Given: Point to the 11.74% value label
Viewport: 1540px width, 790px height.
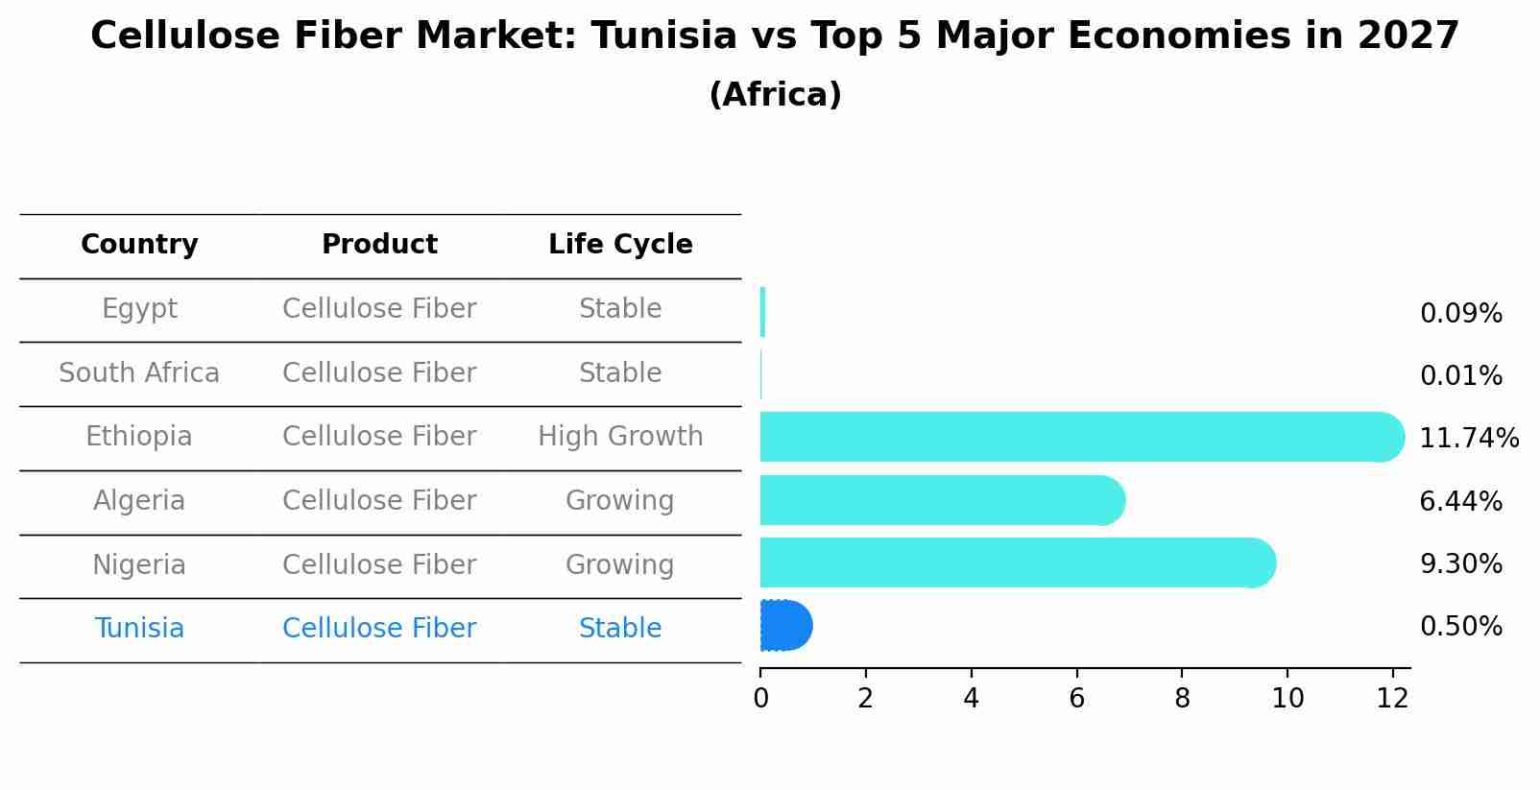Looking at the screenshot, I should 1468,439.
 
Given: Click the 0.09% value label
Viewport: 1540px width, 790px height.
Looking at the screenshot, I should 1460,314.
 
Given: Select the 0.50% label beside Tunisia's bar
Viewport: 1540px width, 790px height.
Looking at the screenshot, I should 1460,627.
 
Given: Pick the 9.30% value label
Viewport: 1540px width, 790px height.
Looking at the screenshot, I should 1460,564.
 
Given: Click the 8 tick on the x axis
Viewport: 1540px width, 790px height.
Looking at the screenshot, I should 1182,699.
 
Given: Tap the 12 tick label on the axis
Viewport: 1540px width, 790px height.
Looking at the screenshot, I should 1392,699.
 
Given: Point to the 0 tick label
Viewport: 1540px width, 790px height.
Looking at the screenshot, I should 760,699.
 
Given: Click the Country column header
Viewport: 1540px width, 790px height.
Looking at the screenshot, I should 139,245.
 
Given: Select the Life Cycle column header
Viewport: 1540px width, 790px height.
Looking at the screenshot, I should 620,245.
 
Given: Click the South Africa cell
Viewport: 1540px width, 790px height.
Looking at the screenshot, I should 139,373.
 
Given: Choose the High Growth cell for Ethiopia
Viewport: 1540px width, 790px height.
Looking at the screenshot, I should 620,437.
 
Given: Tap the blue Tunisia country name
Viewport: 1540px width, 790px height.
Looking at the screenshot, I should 139,629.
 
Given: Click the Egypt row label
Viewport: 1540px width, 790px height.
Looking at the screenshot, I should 139,309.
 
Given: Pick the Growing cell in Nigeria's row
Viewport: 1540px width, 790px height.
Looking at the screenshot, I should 620,564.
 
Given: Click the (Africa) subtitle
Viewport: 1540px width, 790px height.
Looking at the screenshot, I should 775,95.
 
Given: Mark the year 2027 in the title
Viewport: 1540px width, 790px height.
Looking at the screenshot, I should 1408,36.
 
